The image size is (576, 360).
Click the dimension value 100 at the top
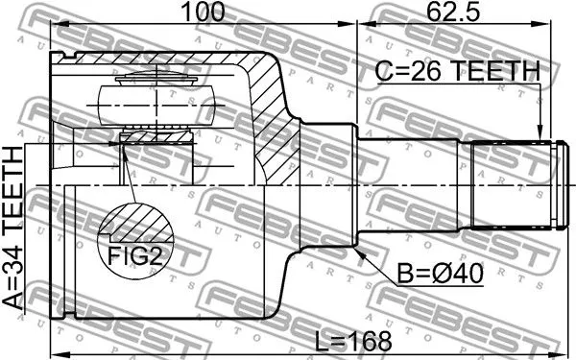pos(204,12)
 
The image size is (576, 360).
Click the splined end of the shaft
pos(514,185)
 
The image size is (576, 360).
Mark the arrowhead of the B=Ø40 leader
pos(360,252)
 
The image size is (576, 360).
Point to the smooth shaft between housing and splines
pos(413,185)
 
